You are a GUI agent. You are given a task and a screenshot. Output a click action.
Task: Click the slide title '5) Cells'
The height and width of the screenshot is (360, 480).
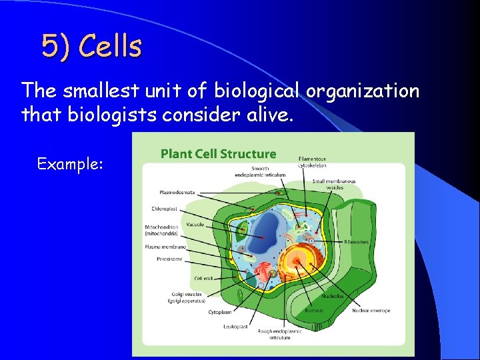pyautogui.click(x=91, y=47)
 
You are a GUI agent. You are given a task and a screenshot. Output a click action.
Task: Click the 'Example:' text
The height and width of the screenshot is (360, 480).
pyautogui.click(x=70, y=163)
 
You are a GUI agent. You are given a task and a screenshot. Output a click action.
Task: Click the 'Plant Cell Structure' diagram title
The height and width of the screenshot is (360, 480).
pyautogui.click(x=218, y=154)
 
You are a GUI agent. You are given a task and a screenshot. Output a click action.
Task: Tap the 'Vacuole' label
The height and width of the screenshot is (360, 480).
pyautogui.click(x=195, y=225)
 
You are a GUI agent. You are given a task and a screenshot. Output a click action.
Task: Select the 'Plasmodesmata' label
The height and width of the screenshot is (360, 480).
pyautogui.click(x=177, y=193)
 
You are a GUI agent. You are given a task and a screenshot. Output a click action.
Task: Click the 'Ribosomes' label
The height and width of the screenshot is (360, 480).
pyautogui.click(x=356, y=242)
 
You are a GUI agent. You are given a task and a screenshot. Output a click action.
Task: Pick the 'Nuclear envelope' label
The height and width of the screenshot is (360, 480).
pyautogui.click(x=371, y=310)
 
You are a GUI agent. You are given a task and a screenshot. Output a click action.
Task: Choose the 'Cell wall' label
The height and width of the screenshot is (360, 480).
pyautogui.click(x=203, y=278)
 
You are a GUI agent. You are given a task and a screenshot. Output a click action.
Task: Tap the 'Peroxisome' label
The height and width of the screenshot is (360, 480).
pyautogui.click(x=169, y=259)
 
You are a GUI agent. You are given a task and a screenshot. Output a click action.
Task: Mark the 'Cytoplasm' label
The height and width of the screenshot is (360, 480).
pyautogui.click(x=219, y=311)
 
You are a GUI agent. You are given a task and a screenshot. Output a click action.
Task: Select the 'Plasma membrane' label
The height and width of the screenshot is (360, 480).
pyautogui.click(x=165, y=247)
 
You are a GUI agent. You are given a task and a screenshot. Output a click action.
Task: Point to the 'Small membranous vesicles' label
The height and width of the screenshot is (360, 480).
pyautogui.click(x=334, y=184)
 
